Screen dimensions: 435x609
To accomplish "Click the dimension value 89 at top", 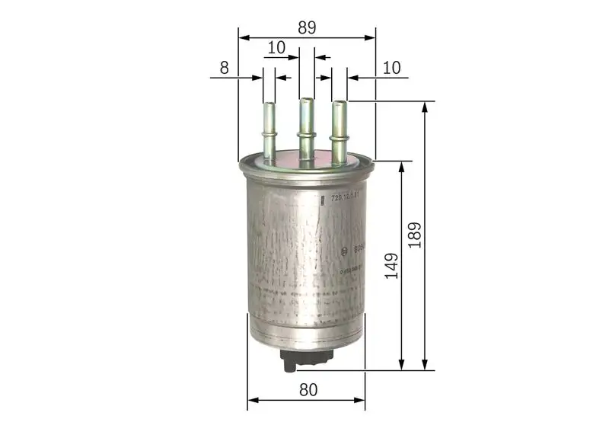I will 307,27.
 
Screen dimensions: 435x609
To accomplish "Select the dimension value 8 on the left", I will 224,68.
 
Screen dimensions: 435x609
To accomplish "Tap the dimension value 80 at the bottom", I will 308,389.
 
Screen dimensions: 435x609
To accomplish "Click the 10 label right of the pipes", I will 391,68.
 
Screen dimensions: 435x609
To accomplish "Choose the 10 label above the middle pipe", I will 276,47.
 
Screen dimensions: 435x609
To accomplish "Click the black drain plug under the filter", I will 300,359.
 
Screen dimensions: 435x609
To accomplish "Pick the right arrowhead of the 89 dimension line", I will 371,37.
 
